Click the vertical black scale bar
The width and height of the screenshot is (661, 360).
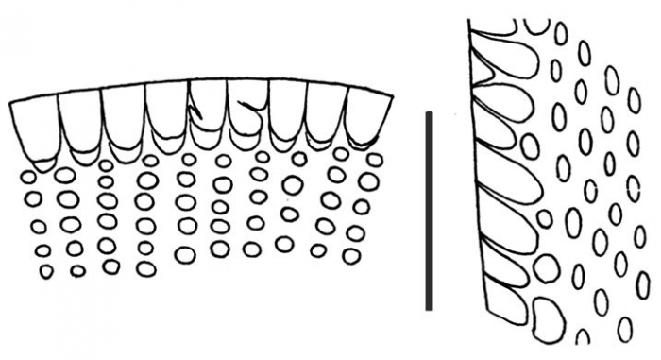[429, 211]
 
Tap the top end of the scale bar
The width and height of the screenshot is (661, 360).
[429, 115]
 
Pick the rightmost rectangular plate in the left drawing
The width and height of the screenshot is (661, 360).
[368, 119]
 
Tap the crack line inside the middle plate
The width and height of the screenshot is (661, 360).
[197, 111]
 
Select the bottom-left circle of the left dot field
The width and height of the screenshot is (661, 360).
[46, 271]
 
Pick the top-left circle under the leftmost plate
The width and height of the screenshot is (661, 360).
[29, 177]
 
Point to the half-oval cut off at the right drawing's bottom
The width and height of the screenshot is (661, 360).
[583, 337]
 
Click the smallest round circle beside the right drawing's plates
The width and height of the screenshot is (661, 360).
[544, 219]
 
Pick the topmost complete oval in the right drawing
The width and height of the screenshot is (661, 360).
[560, 36]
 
